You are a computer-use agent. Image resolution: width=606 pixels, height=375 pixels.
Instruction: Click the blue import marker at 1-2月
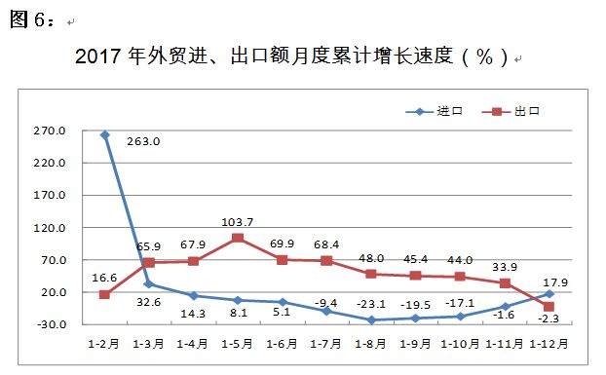[104, 134]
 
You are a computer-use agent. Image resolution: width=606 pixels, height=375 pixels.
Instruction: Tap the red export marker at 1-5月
[238, 238]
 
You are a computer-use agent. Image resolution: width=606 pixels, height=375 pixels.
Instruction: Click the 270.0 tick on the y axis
[50, 131]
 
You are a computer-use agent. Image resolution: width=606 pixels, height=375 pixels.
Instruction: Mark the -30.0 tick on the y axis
[50, 325]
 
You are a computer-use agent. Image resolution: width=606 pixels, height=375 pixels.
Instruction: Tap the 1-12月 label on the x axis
[549, 344]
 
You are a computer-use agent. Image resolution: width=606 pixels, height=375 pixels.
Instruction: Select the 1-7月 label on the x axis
[326, 344]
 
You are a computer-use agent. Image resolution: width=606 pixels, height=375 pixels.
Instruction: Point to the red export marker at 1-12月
[549, 307]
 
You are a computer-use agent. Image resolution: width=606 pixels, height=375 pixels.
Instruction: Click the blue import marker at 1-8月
[371, 319]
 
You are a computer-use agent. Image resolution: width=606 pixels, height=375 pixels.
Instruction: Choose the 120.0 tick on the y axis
[50, 228]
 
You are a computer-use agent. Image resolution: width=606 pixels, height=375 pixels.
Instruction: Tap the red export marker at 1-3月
[149, 263]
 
